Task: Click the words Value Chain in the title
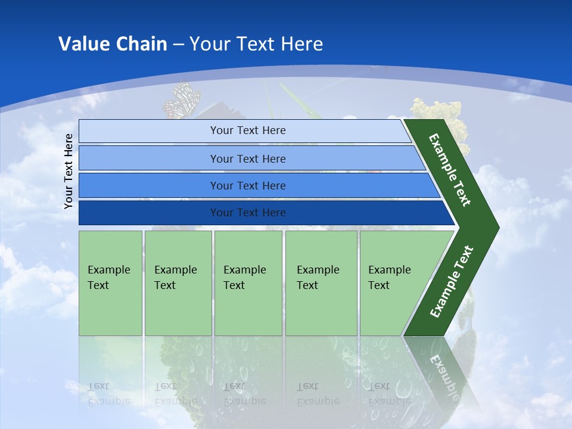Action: point(113,44)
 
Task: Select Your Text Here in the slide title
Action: point(256,44)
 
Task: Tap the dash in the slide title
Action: point(178,45)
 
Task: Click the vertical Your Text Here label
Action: point(69,171)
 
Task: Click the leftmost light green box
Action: point(110,282)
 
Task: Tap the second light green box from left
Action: point(178,282)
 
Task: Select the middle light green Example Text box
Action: point(248,282)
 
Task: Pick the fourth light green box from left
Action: point(321,282)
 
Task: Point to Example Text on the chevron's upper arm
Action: point(450,170)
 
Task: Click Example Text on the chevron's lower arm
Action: point(452,281)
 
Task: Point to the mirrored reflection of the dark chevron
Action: point(441,369)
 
